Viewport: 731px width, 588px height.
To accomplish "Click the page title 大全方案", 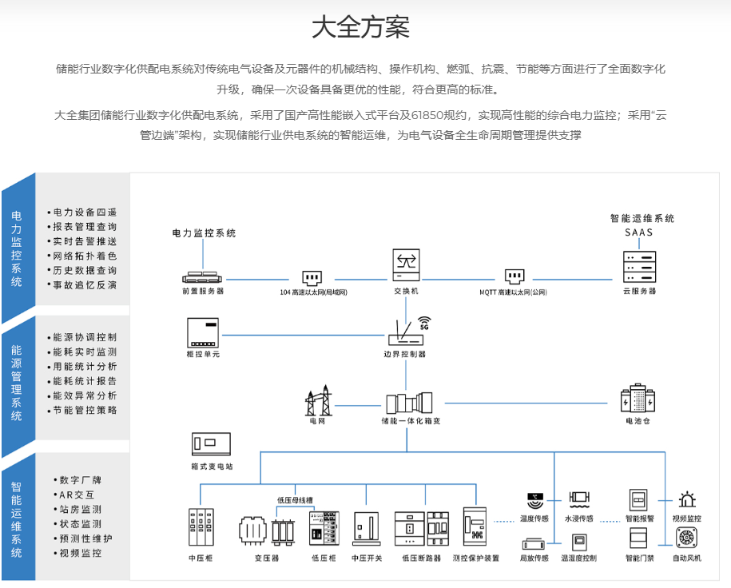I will coord(360,26).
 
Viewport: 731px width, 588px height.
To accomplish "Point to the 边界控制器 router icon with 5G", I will coord(406,332).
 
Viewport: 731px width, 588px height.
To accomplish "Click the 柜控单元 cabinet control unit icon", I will coord(202,332).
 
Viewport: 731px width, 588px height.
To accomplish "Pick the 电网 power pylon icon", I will coord(318,400).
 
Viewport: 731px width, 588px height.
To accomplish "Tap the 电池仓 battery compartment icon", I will coord(638,399).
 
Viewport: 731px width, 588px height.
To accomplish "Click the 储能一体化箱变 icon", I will coord(410,401).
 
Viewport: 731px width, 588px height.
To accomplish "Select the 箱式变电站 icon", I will coord(212,444).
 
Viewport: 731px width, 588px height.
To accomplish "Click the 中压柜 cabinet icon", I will coord(201,526).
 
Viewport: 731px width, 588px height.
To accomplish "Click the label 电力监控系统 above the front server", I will coord(205,233).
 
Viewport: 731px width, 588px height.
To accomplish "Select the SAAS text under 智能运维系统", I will coord(639,232).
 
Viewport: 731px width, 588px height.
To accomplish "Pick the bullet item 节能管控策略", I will coord(85,410).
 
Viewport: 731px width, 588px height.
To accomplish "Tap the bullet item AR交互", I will coord(77,495).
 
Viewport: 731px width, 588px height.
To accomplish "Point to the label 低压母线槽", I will coord(295,500).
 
